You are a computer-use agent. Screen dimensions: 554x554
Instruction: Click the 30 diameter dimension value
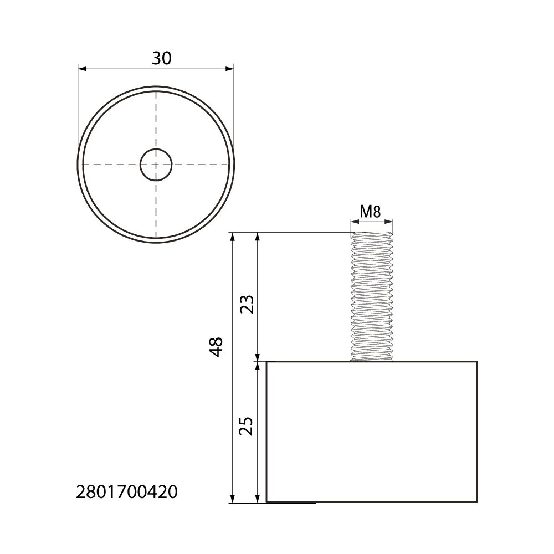(161, 58)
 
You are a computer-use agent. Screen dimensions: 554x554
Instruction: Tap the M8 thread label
(370, 212)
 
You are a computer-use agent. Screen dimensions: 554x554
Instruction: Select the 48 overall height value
(216, 347)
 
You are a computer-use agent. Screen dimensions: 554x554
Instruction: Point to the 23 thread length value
(247, 305)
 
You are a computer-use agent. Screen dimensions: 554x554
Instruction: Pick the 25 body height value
(247, 427)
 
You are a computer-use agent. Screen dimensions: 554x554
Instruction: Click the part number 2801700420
(127, 492)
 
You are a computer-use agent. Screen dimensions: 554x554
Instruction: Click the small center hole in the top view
(156, 165)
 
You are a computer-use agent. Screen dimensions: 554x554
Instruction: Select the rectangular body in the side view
(372, 432)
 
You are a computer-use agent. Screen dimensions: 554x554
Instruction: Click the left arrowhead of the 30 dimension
(81, 69)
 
